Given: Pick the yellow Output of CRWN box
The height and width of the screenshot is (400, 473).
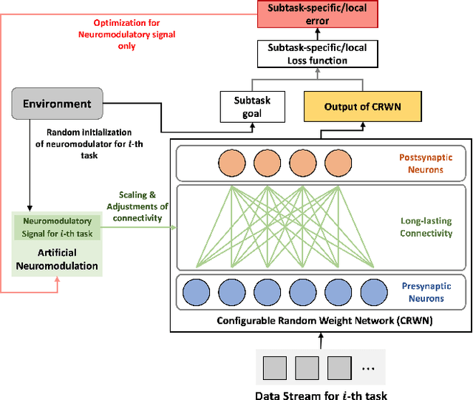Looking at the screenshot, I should click(x=363, y=107).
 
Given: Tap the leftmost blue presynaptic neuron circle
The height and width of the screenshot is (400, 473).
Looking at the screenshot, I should click(x=197, y=291).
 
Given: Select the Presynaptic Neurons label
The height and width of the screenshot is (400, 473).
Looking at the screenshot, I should click(x=423, y=293).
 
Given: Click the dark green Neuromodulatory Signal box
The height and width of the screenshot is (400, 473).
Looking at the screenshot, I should click(x=57, y=226).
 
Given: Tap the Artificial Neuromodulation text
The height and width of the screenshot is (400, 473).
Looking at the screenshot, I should click(x=57, y=259).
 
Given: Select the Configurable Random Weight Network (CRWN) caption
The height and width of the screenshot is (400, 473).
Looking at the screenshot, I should click(x=319, y=320).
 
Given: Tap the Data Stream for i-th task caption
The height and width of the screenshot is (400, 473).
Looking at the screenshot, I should click(x=321, y=393).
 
